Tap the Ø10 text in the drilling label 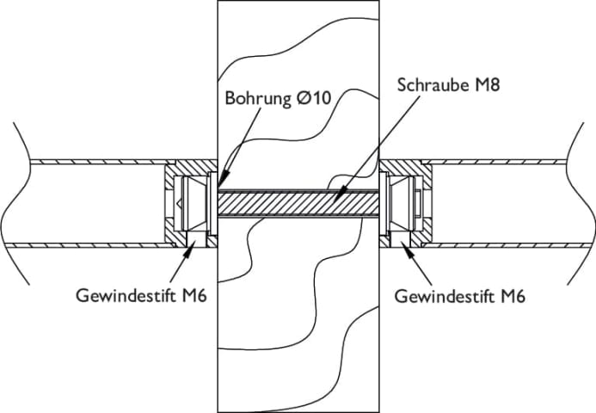click(313, 97)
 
